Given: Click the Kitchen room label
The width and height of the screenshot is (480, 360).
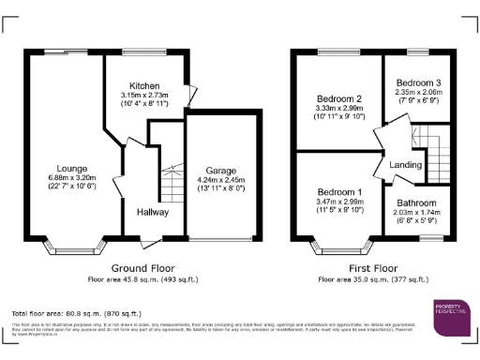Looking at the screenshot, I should pyautogui.click(x=144, y=85).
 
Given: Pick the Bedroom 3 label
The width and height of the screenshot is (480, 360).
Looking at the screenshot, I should pyautogui.click(x=416, y=82).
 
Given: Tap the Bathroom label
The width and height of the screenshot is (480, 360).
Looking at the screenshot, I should pyautogui.click(x=416, y=202).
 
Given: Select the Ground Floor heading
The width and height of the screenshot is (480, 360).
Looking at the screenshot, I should pyautogui.click(x=127, y=268).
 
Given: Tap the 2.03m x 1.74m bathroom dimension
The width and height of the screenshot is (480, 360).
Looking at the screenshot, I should pyautogui.click(x=416, y=213).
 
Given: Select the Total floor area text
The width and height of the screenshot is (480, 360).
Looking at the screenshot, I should pyautogui.click(x=76, y=312).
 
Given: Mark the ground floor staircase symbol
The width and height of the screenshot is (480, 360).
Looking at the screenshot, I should pyautogui.click(x=171, y=183).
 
